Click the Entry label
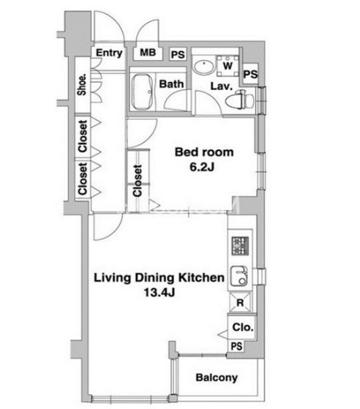pos(109,53)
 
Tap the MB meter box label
pos(148,53)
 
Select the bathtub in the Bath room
pos(142,91)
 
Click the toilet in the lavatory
pos(240,99)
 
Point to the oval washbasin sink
pos(203,67)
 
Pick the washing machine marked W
pos(228,65)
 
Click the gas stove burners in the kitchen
pos(240,246)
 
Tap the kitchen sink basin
pos(239,276)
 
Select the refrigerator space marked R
pos(240,302)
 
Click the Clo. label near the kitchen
pos(243,327)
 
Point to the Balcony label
pos(217,378)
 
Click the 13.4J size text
pos(160,293)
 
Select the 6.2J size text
pos(202,167)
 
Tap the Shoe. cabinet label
pos(82,85)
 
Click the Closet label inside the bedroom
pos(138,181)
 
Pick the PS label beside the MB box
pos(178,55)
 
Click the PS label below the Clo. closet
pos(236,346)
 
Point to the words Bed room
pos(204,152)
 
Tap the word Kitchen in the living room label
pos(201,277)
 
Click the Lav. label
pos(222,86)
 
